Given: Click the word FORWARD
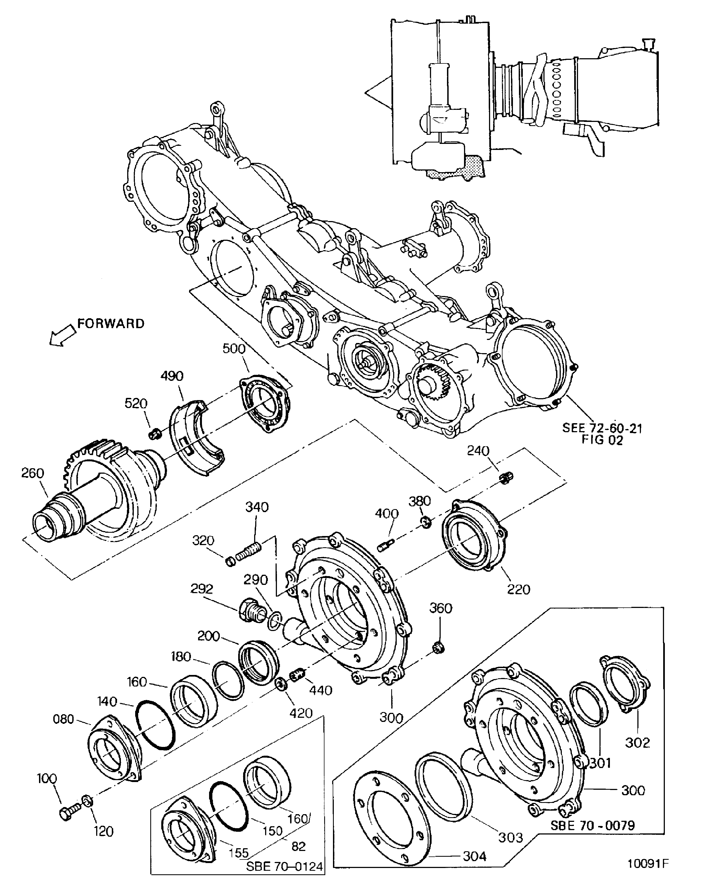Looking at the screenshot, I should coord(111,324).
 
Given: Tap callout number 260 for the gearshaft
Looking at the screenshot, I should coord(32,473).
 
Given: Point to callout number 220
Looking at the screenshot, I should coord(518,589).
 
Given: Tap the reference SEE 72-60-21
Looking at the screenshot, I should coord(602,428).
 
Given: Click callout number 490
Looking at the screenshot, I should coord(172,376).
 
